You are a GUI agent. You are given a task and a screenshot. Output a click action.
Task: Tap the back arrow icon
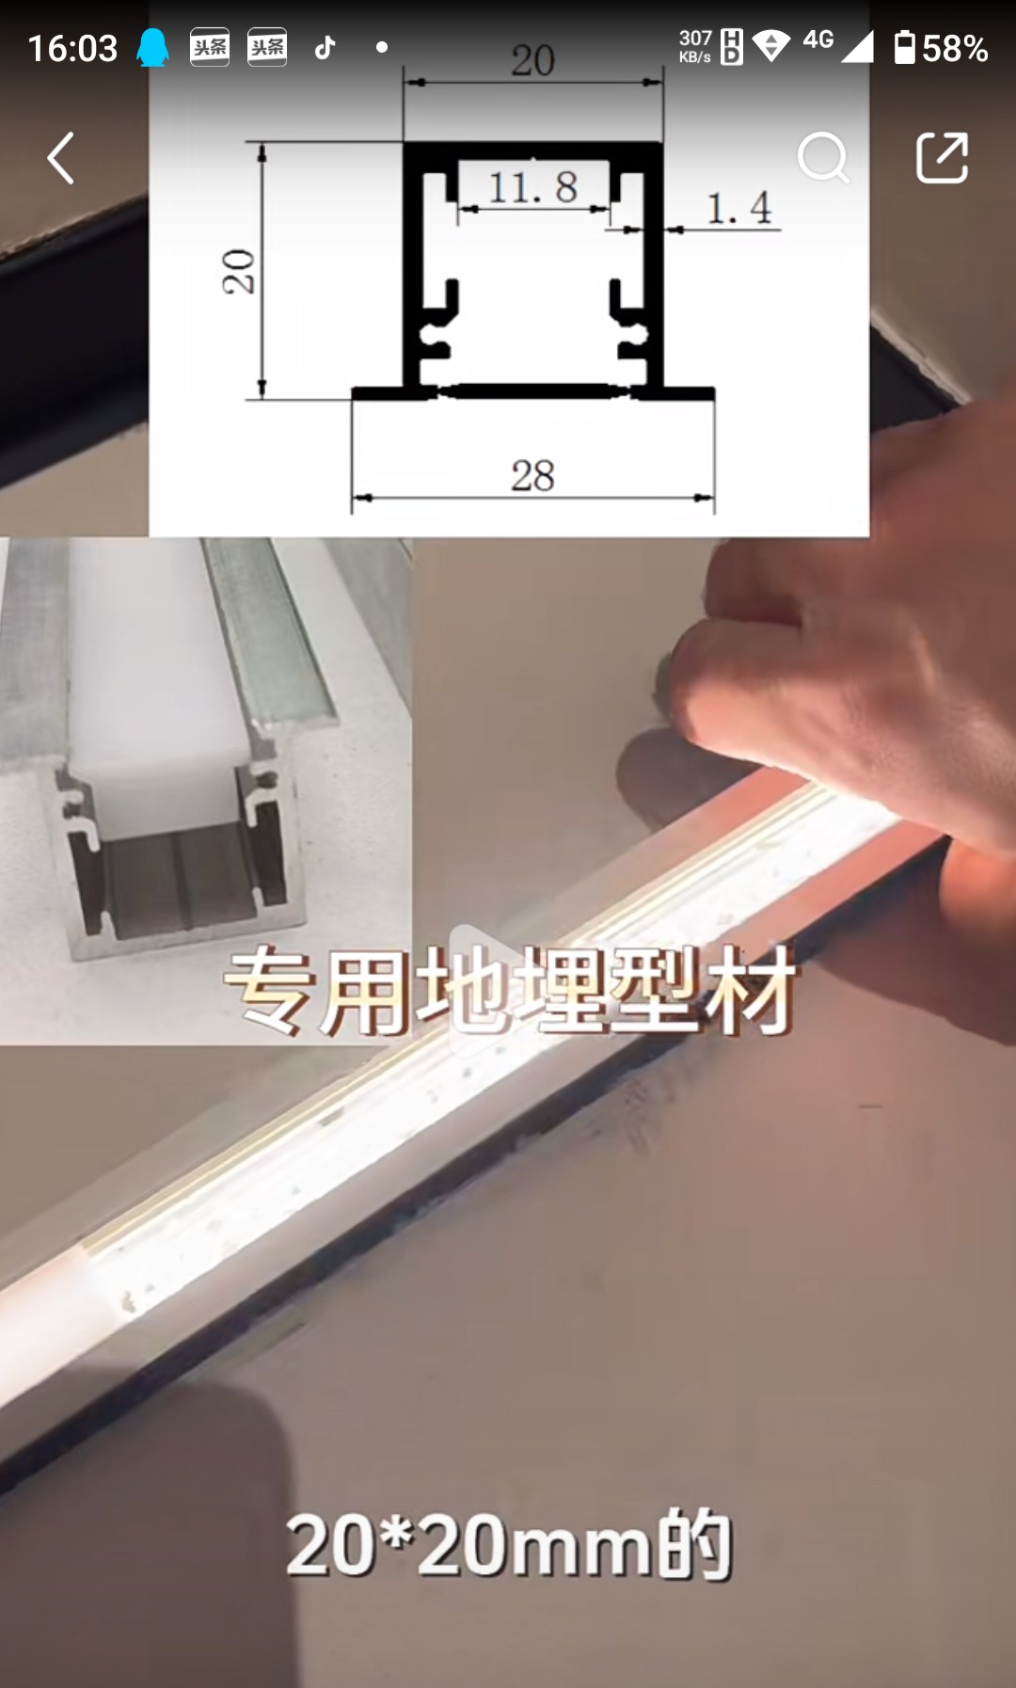coord(61,157)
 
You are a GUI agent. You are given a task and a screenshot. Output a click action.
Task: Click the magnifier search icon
coord(823,157)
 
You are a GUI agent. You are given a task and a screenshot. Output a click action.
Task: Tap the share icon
coord(942,157)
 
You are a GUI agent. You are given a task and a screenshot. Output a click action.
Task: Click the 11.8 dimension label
coord(532,187)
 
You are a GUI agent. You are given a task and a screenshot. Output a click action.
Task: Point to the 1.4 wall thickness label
coord(739,208)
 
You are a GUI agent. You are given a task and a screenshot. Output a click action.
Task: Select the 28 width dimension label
coord(532,475)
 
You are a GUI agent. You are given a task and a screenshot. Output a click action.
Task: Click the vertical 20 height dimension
coord(238,272)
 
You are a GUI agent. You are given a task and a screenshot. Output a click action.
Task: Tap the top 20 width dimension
coord(532,61)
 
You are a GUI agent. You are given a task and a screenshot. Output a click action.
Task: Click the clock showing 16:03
coord(72,48)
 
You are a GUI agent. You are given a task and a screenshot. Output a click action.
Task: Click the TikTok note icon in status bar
coord(325,47)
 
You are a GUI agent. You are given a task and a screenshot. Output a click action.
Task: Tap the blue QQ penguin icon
coord(152,47)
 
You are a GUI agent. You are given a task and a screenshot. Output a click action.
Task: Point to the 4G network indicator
coord(818,40)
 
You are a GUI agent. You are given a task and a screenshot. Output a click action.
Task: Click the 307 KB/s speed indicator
coord(695,45)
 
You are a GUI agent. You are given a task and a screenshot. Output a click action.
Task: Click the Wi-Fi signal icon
coord(771,46)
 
